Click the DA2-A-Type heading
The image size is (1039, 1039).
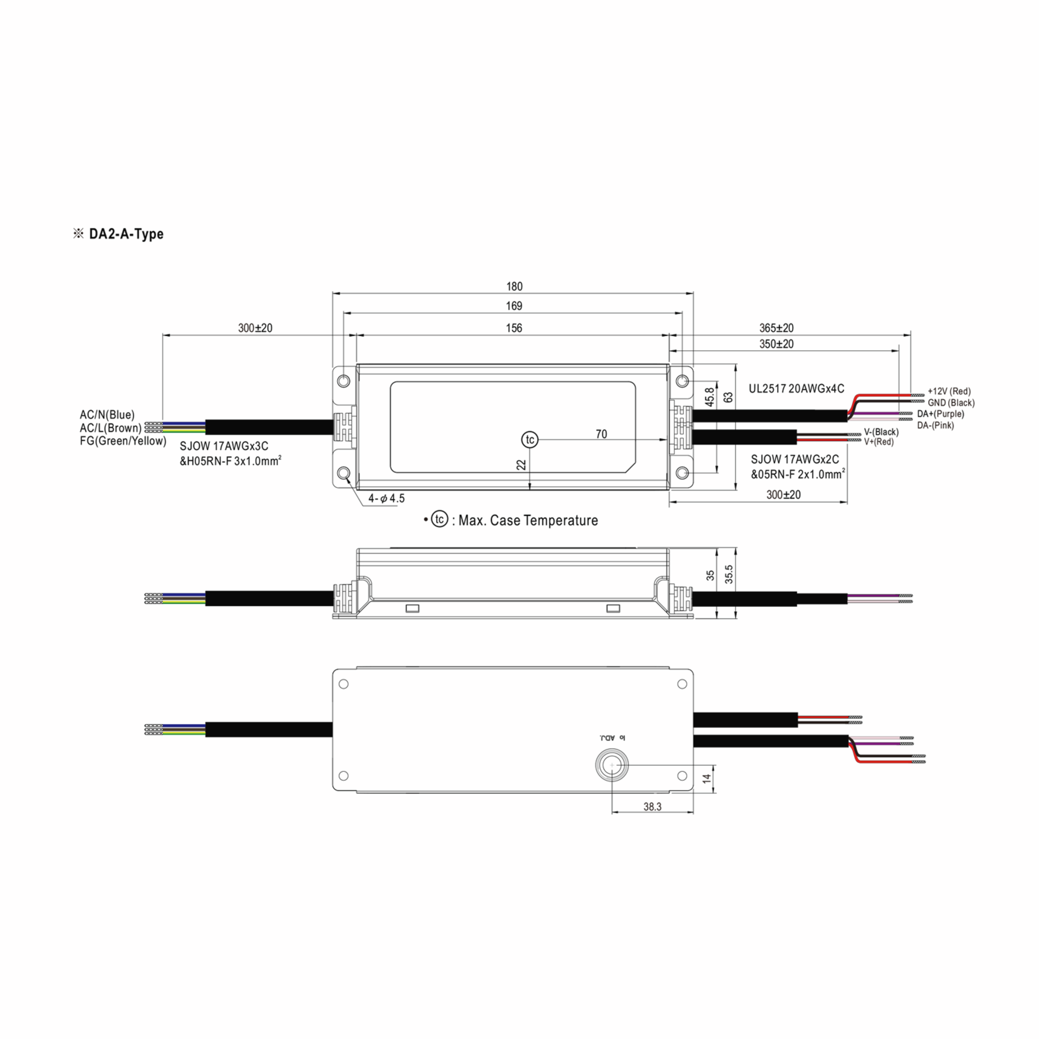coord(126,234)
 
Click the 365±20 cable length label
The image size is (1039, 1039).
coord(777,328)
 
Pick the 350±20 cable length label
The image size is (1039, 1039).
coord(777,344)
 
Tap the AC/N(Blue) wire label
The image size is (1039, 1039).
coord(107,415)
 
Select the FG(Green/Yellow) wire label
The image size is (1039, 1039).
coord(123,441)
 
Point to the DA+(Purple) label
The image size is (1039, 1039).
coord(941,414)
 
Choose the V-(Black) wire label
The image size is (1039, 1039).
coord(881,432)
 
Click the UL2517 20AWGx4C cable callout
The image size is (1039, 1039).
coord(797,388)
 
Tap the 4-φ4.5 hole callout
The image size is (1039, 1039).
coord(386,499)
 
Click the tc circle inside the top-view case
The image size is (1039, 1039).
coord(530,439)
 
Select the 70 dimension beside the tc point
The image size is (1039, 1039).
coord(601,434)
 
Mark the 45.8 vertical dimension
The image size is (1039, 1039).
coord(710,397)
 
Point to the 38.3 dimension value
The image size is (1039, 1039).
coord(652,807)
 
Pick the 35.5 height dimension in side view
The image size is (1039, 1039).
coord(729,574)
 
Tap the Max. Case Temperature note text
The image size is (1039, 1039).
coord(528,520)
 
